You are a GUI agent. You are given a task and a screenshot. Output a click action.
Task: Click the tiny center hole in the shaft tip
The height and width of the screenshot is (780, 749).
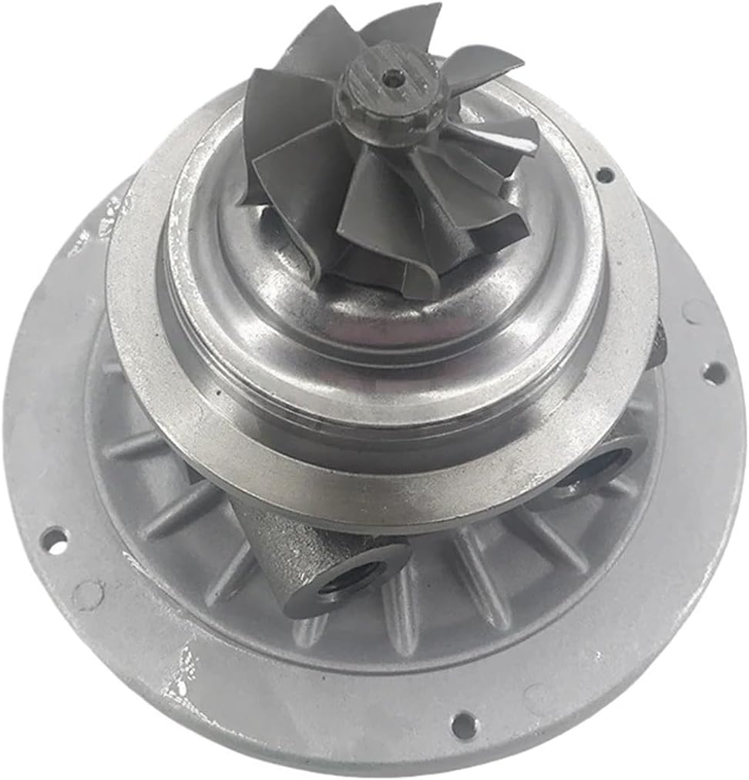click(393, 76)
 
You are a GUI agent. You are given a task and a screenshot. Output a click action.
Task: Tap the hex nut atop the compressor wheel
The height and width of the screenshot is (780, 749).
click(385, 96)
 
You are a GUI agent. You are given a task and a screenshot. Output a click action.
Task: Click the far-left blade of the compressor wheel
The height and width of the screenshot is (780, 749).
click(270, 123)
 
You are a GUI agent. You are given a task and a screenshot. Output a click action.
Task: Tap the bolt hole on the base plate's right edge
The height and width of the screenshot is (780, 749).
click(714, 373)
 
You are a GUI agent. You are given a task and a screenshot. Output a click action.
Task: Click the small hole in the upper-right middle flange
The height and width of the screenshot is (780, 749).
click(605, 175)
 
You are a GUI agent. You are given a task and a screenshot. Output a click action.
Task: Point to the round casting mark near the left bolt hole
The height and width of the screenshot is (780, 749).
click(87, 594)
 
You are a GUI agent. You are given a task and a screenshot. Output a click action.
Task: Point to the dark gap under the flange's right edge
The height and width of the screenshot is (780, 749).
click(655, 347)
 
